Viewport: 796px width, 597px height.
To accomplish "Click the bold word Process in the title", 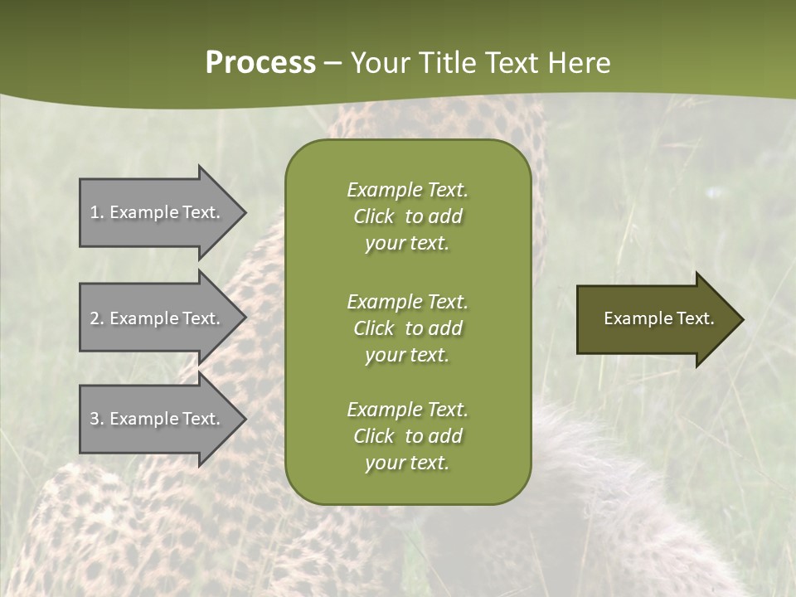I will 260,63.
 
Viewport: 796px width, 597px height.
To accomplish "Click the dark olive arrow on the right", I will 655,319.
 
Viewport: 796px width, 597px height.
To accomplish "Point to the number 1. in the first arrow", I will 97,212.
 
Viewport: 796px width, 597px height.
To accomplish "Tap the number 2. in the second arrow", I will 97,318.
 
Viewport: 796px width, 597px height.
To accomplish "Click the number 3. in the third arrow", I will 97,419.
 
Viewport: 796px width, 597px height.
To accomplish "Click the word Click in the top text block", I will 373,216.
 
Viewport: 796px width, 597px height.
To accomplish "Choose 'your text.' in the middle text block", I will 407,355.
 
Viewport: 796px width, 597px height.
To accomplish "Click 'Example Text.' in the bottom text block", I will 407,410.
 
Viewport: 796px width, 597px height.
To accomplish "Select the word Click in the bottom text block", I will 373,436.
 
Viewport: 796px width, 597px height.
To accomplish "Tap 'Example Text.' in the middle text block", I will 407,302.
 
